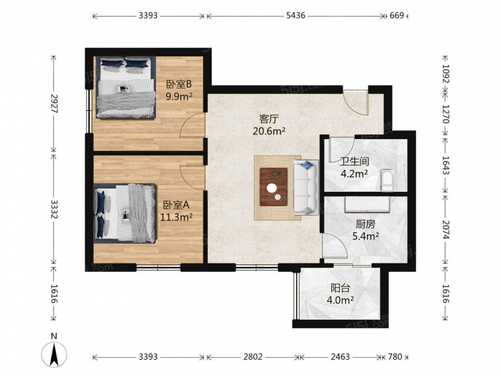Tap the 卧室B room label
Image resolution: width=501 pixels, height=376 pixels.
point(179,85)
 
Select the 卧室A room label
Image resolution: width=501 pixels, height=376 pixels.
point(177,205)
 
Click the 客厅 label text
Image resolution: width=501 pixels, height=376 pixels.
point(269,119)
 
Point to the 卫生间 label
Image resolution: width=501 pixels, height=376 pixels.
point(354,162)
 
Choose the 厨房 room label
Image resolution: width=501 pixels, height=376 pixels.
point(366,224)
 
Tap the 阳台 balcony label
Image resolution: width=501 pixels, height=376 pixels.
point(340,288)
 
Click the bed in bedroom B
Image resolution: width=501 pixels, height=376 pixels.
point(126,88)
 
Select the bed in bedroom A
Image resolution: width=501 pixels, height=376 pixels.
point(125,213)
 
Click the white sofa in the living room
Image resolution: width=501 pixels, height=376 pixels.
point(306,187)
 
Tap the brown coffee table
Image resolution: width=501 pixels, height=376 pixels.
point(274,187)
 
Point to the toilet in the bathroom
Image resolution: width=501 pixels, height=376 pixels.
point(387,180)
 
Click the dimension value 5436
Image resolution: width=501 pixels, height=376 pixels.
point(296,15)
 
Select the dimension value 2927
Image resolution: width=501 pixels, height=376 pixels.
point(54,103)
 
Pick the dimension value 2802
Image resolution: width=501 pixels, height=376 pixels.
point(253,357)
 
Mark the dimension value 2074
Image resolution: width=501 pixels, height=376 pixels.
point(446,229)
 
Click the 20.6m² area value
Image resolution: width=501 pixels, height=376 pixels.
point(269,131)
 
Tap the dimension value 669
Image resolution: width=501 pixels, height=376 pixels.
point(397,15)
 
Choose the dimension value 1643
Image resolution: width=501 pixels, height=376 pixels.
point(446,165)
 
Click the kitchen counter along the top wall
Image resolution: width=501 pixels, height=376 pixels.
point(368,205)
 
